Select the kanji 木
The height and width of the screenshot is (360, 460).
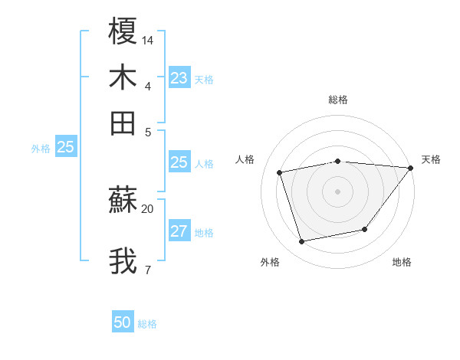click(x=123, y=77)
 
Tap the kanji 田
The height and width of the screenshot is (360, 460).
click(x=123, y=123)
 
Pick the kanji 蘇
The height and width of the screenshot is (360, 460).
click(x=123, y=201)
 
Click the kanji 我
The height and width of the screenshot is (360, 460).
click(x=123, y=261)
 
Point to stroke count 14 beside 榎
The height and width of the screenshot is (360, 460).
click(x=148, y=39)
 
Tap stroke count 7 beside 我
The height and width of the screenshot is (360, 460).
click(x=147, y=270)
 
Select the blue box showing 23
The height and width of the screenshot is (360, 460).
click(x=179, y=78)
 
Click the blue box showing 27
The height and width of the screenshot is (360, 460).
click(x=179, y=232)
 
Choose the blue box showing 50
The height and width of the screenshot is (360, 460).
click(x=123, y=323)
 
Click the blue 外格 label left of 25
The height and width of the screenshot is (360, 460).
click(x=41, y=149)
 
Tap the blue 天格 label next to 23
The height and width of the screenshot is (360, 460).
click(x=204, y=80)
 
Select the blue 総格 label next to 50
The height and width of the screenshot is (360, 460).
click(x=147, y=324)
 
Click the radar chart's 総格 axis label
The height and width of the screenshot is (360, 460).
click(x=338, y=100)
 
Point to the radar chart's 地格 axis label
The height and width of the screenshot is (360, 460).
click(x=402, y=263)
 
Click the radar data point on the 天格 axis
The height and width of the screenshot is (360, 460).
click(x=410, y=168)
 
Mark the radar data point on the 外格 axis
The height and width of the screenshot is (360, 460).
click(x=302, y=241)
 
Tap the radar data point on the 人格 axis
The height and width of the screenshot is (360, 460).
click(x=280, y=172)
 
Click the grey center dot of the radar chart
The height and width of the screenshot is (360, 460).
click(x=338, y=191)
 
